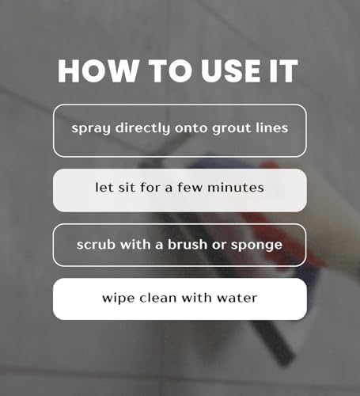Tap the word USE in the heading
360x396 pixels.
pyautogui.click(x=215, y=72)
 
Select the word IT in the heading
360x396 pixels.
pyautogui.click(x=279, y=72)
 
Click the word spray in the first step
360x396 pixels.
pyautogui.click(x=89, y=128)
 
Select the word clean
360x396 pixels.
pyautogui.click(x=158, y=299)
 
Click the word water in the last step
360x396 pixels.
pyautogui.click(x=238, y=299)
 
